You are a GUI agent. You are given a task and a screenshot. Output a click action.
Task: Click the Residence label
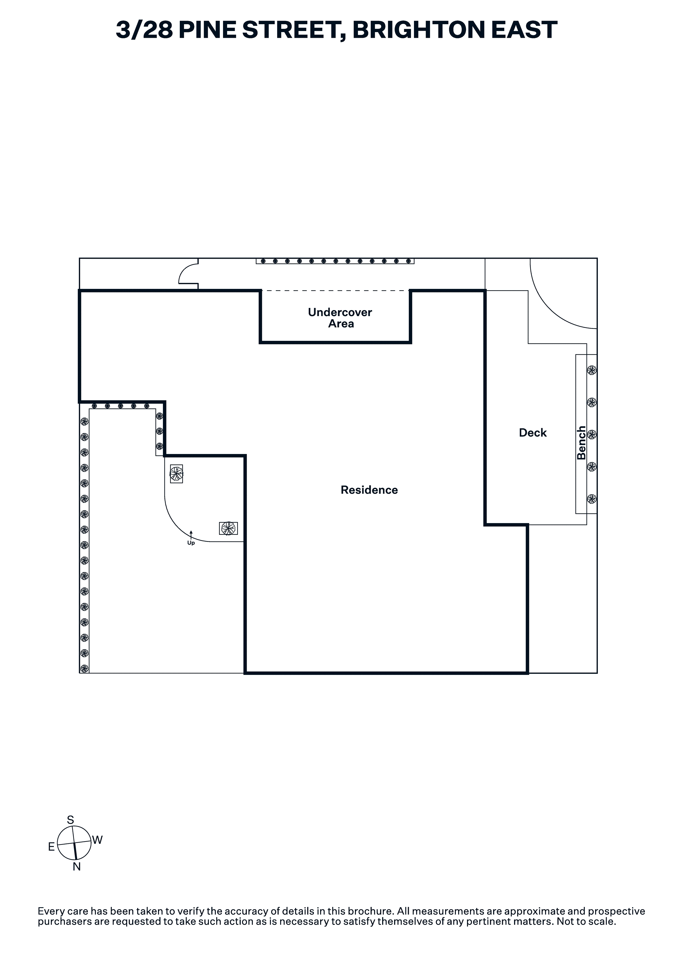369,490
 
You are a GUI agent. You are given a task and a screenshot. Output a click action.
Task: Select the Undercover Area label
340,318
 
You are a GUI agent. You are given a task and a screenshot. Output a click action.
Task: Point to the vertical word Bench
581,443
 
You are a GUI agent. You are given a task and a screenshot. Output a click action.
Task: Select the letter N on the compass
77,866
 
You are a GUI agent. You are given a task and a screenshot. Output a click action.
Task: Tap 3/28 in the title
144,30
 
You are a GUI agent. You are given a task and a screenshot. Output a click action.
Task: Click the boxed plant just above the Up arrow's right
228,528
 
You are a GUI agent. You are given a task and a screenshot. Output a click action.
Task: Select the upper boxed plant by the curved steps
176,474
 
